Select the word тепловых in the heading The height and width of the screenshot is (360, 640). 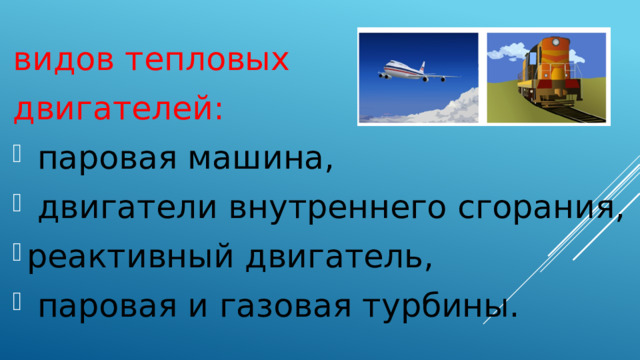click(x=208, y=62)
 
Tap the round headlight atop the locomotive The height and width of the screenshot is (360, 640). click(x=550, y=40)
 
